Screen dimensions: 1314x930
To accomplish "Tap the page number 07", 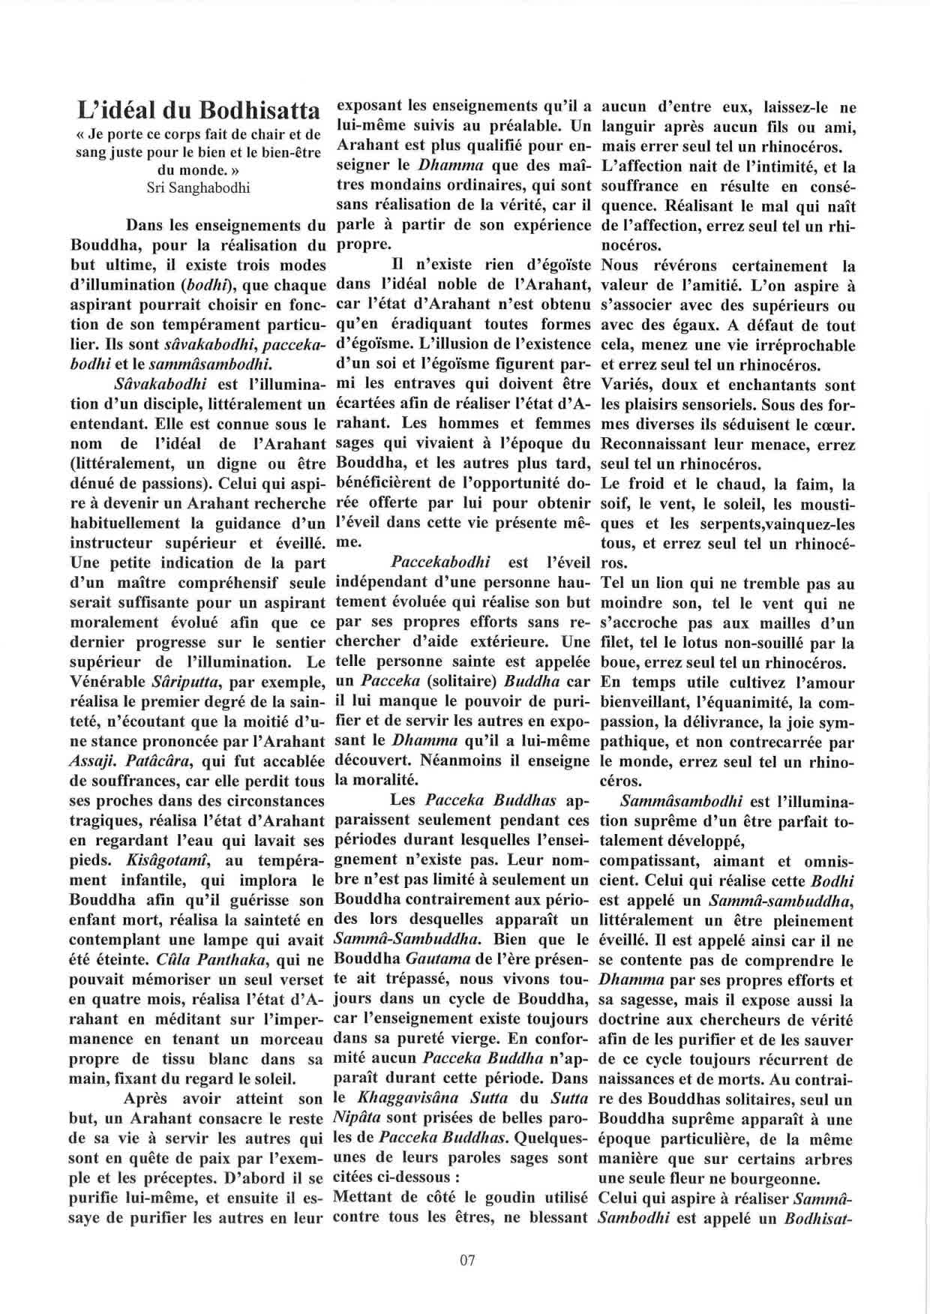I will [466, 1260].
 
